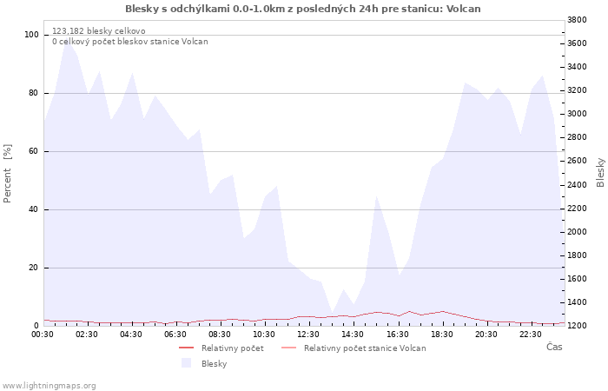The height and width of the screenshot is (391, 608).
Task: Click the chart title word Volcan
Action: click(x=463, y=9)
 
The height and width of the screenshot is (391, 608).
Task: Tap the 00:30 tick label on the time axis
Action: click(x=43, y=335)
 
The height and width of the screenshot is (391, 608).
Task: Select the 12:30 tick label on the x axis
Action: click(x=308, y=335)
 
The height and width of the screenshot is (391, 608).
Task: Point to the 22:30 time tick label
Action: click(x=530, y=335)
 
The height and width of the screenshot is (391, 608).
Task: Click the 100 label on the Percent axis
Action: click(x=31, y=35)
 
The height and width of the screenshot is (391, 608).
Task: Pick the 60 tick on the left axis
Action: click(x=33, y=151)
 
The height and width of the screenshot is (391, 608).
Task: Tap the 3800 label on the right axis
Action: click(x=577, y=20)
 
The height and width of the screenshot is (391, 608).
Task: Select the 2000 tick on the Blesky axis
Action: click(x=577, y=232)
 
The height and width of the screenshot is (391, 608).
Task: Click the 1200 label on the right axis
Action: click(x=577, y=326)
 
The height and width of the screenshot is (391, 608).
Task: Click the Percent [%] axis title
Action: click(x=7, y=174)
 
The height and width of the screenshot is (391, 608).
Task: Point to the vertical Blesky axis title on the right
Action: click(x=600, y=173)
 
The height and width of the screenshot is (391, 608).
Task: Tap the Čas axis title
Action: click(x=554, y=347)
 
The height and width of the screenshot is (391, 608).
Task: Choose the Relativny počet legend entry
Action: click(x=221, y=348)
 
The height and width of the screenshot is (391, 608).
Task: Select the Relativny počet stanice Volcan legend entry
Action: click(x=354, y=348)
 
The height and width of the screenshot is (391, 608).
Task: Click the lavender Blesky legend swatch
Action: click(x=186, y=363)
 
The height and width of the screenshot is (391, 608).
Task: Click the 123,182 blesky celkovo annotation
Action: click(x=99, y=31)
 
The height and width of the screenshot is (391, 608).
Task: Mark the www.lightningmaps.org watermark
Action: click(x=49, y=386)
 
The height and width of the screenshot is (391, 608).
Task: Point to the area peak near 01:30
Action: click(x=67, y=42)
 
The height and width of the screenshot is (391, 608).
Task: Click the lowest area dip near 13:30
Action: click(x=333, y=312)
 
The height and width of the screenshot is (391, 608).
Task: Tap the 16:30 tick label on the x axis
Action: click(x=398, y=335)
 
